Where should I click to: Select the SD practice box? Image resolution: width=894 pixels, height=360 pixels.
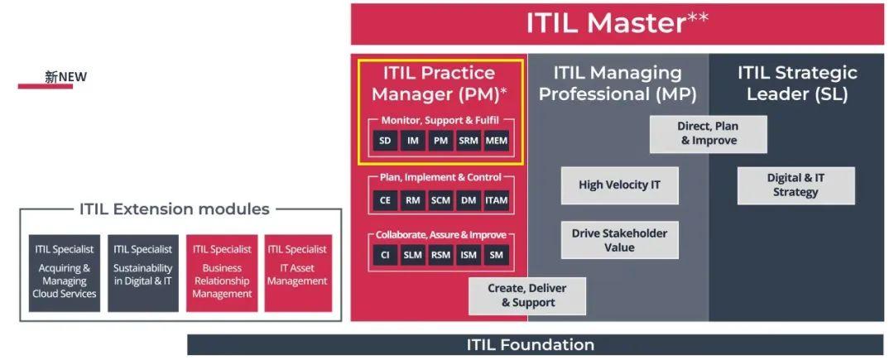click(385, 141)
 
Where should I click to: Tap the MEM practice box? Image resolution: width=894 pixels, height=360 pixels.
click(497, 141)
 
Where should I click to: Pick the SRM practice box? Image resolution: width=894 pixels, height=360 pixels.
click(469, 141)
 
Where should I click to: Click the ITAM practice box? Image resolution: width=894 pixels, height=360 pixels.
click(497, 199)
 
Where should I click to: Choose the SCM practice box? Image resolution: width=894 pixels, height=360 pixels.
click(440, 199)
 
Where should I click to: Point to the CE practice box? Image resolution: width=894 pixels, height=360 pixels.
click(385, 199)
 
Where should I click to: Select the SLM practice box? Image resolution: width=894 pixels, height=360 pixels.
click(412, 256)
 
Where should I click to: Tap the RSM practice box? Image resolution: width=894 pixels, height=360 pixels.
click(440, 256)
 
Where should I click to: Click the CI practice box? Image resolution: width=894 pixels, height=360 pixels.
click(385, 256)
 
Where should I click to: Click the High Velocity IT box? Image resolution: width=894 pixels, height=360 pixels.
click(619, 185)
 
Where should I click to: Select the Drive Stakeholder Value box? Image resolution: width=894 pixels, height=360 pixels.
click(619, 240)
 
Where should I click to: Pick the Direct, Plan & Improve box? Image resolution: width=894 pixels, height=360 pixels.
click(708, 133)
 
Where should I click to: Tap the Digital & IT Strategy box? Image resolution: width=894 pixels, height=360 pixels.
click(795, 185)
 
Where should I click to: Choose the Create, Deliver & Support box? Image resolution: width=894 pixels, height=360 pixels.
click(528, 295)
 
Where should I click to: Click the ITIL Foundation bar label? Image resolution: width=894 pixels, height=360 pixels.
click(530, 344)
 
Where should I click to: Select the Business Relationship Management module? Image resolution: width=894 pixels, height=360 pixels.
click(222, 272)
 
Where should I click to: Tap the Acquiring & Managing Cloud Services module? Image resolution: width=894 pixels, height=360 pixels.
click(65, 272)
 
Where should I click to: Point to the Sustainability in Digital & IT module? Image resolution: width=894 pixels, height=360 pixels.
click(143, 272)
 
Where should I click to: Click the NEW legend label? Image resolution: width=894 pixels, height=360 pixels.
click(65, 78)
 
